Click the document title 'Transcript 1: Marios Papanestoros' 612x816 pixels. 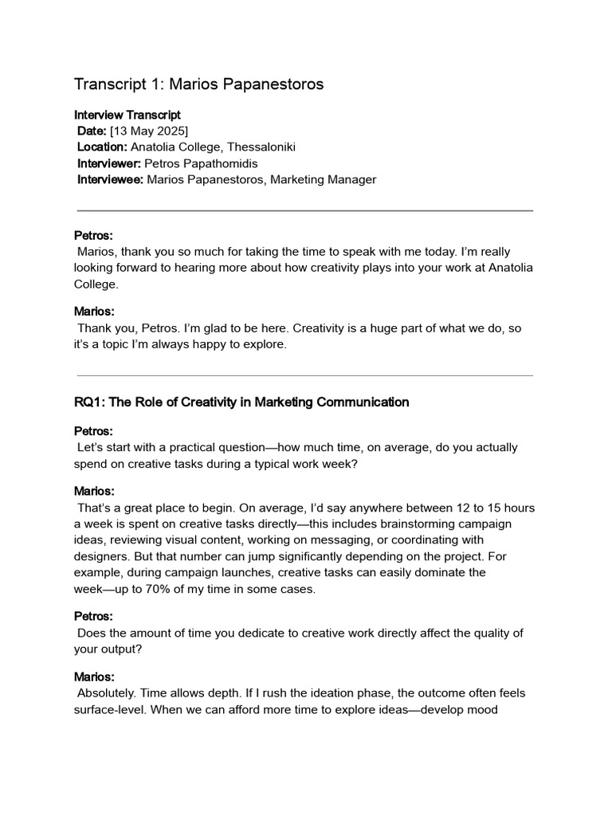[198, 84]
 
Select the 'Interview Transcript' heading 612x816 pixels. [127, 115]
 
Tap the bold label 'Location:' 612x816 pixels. [102, 147]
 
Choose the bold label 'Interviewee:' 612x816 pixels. [110, 179]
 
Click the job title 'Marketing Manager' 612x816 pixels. [323, 179]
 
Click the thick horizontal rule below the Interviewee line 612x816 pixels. [305, 210]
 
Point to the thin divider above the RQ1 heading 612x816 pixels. [305, 375]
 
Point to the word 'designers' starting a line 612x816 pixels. [100, 556]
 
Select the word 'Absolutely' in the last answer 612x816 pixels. [108, 693]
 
